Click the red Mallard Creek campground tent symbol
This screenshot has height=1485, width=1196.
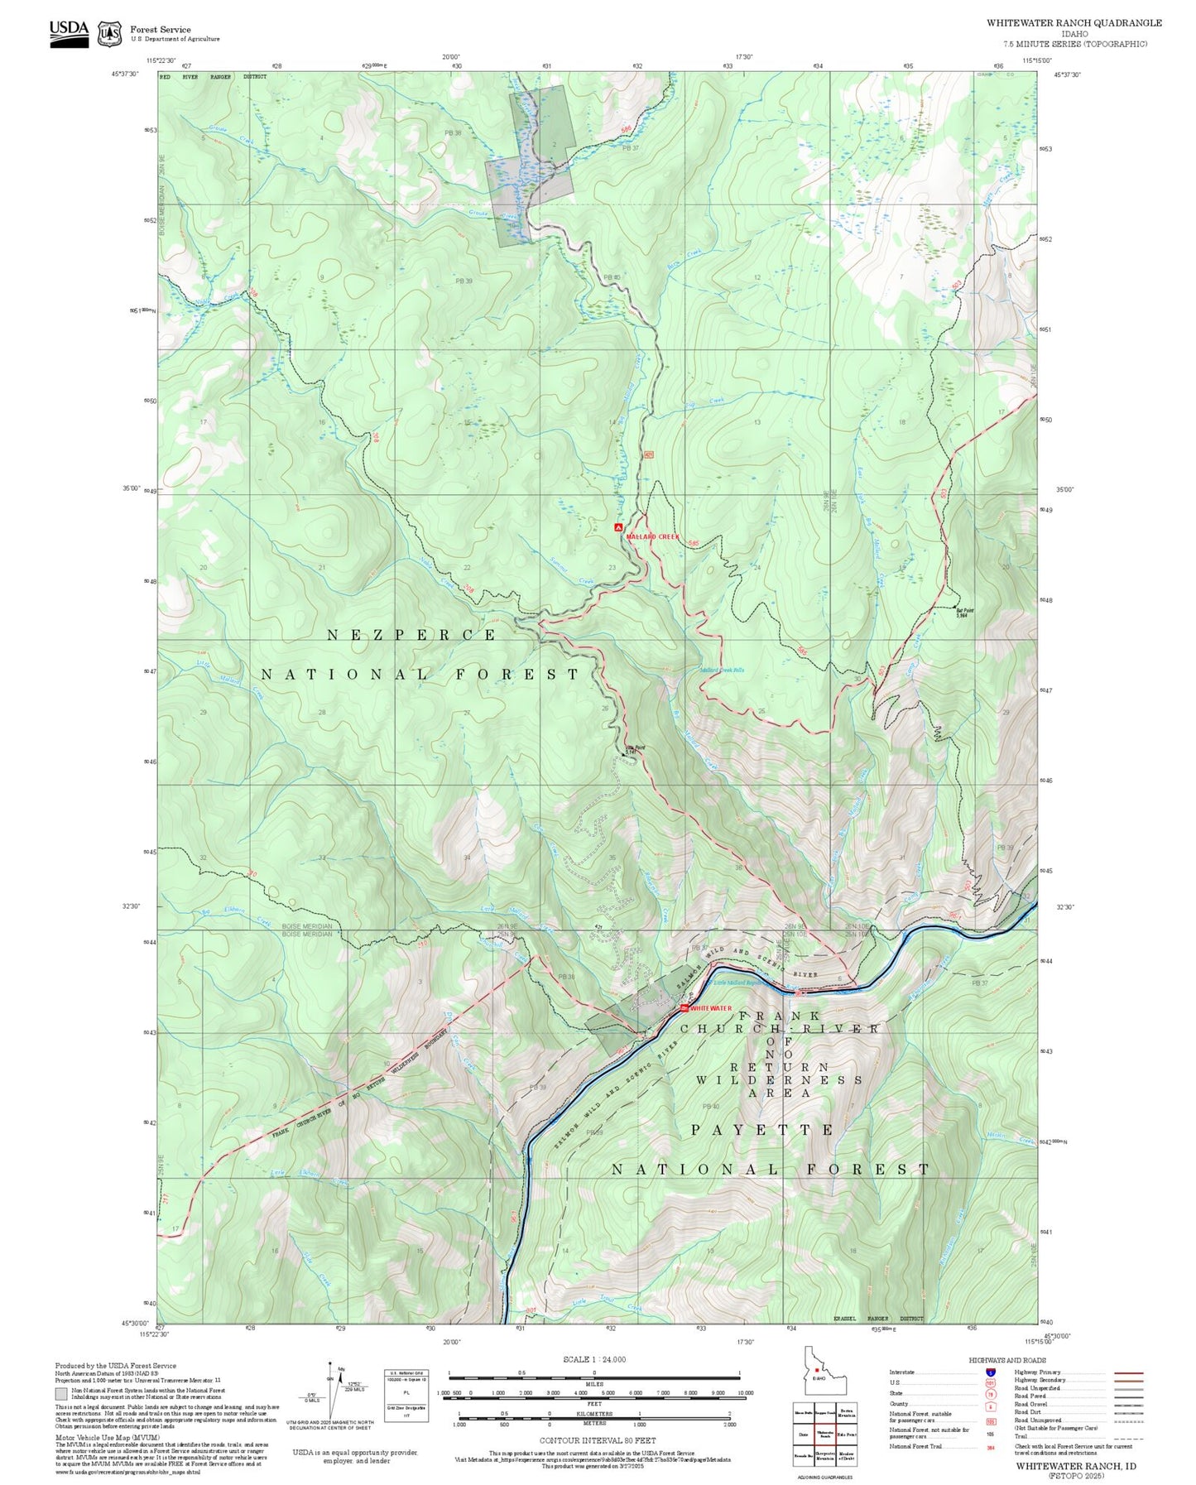pos(618,527)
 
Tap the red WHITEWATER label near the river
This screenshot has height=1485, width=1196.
pos(710,1008)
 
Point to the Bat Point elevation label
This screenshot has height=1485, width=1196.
pos(964,613)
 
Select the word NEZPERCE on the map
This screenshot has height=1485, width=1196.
pos(411,635)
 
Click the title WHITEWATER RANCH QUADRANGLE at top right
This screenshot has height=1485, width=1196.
pos(1074,23)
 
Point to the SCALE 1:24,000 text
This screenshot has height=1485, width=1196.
pos(593,1359)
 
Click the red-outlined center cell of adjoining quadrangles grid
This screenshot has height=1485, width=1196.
pos(825,1434)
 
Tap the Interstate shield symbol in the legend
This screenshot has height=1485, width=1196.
pos(991,1372)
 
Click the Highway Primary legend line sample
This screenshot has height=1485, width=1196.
pos(1129,1372)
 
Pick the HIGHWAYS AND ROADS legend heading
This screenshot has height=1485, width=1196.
pos(1007,1360)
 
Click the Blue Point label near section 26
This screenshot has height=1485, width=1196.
pos(635,749)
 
